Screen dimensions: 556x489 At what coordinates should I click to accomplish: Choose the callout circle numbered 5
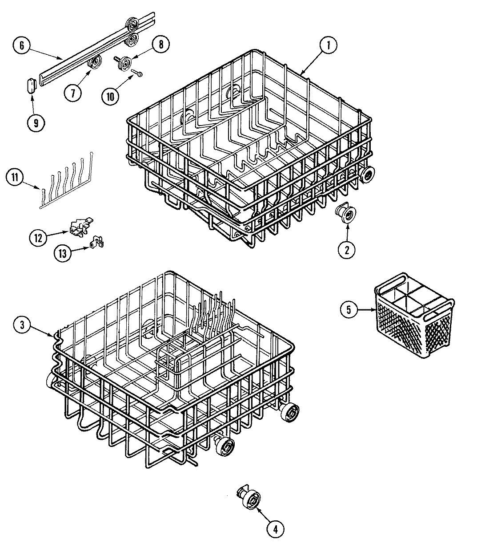349,310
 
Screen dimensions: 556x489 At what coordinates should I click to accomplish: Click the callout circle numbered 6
22,45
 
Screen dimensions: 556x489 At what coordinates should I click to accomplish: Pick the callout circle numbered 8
160,44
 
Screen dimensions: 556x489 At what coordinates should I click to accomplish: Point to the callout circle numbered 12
39,237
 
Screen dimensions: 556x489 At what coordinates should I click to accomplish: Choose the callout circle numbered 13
63,253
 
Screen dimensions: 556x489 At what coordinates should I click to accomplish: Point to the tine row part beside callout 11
67,183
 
